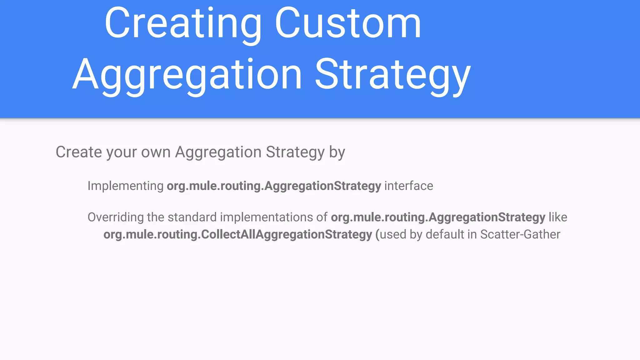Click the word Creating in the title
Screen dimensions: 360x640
click(x=183, y=24)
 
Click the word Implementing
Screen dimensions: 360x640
click(x=125, y=186)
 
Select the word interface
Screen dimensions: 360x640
click(x=408, y=186)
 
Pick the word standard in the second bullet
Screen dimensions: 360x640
click(x=192, y=217)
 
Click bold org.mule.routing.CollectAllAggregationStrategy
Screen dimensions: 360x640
click(x=237, y=235)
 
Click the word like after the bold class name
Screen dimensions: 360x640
click(x=558, y=217)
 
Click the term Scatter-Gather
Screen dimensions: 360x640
click(x=520, y=234)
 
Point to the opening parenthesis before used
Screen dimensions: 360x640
click(x=377, y=235)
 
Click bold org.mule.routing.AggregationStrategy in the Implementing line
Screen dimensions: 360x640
click(x=274, y=186)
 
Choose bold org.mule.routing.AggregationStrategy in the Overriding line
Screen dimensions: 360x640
click(x=438, y=217)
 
